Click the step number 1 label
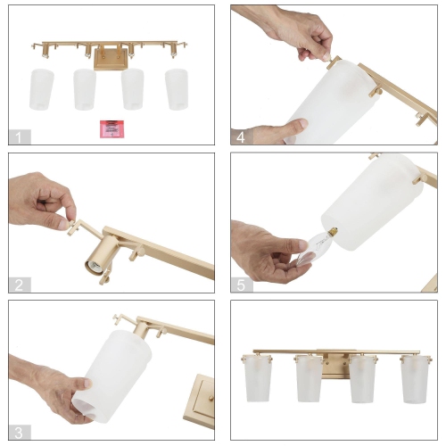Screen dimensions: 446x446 (17, 137)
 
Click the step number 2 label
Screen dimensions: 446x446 (17, 285)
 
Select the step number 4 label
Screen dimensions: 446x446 (239, 137)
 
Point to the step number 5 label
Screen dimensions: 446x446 (239, 285)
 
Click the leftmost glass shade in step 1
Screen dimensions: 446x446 (40, 87)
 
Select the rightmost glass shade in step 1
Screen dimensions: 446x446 (178, 88)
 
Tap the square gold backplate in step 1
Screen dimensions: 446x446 (110, 59)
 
